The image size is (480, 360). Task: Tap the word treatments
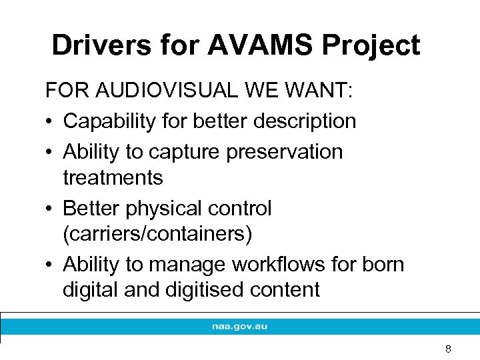click(x=113, y=177)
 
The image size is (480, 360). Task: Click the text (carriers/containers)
click(x=159, y=235)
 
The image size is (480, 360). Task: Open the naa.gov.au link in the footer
click(x=240, y=327)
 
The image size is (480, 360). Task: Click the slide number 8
click(x=448, y=349)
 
